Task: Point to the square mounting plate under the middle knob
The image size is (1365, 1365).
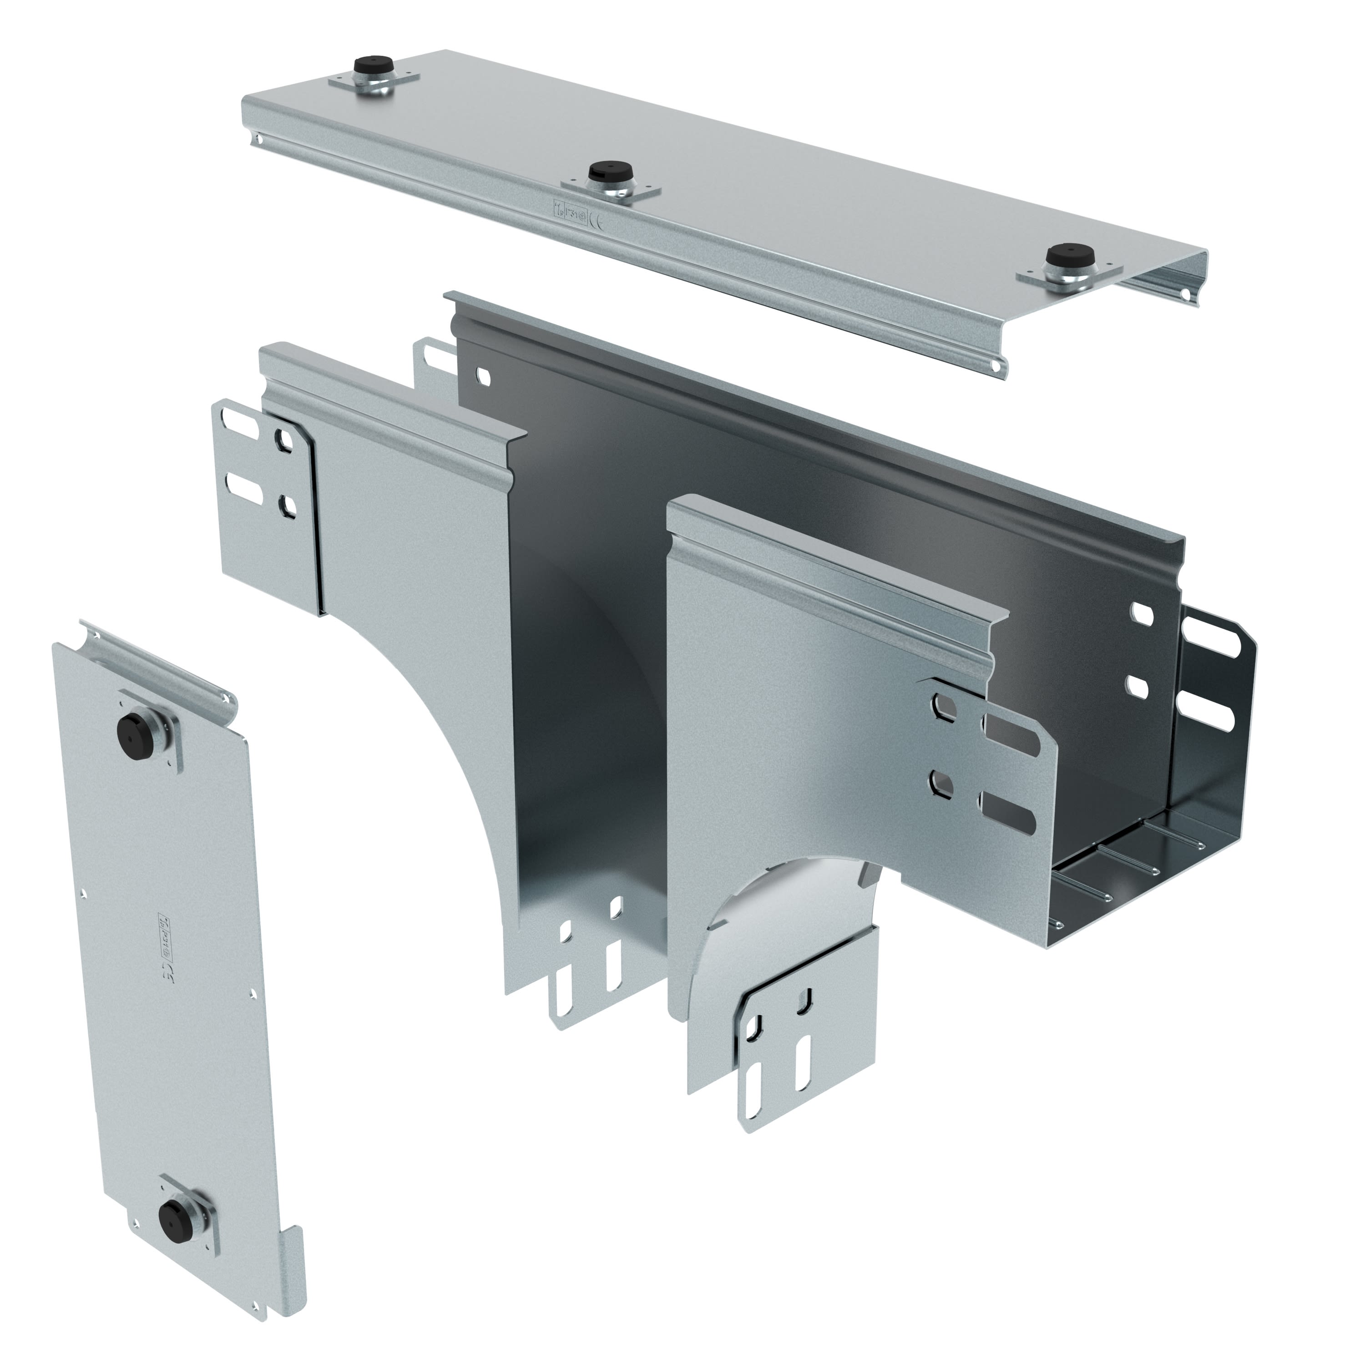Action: [x=610, y=189]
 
